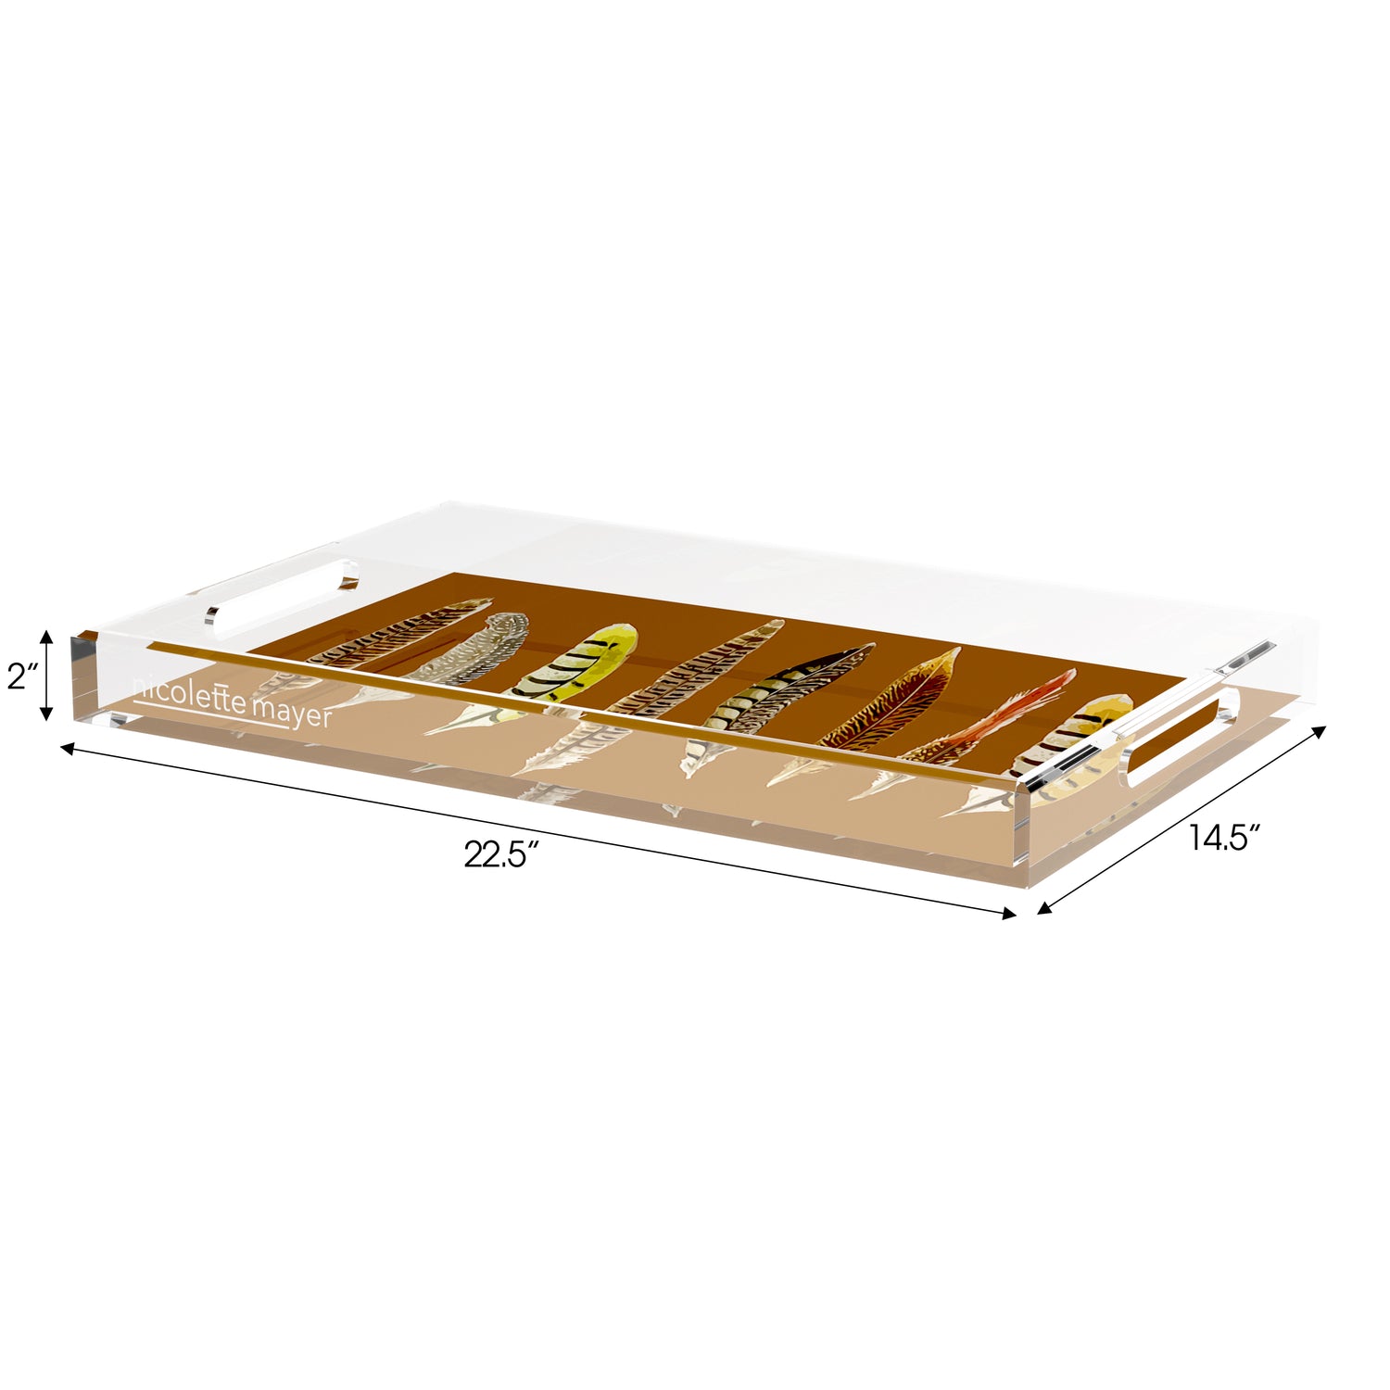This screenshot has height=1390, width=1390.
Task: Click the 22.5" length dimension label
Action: point(502,853)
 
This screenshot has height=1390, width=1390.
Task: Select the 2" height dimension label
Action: point(20,676)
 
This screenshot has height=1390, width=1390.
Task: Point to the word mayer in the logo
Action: point(292,713)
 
